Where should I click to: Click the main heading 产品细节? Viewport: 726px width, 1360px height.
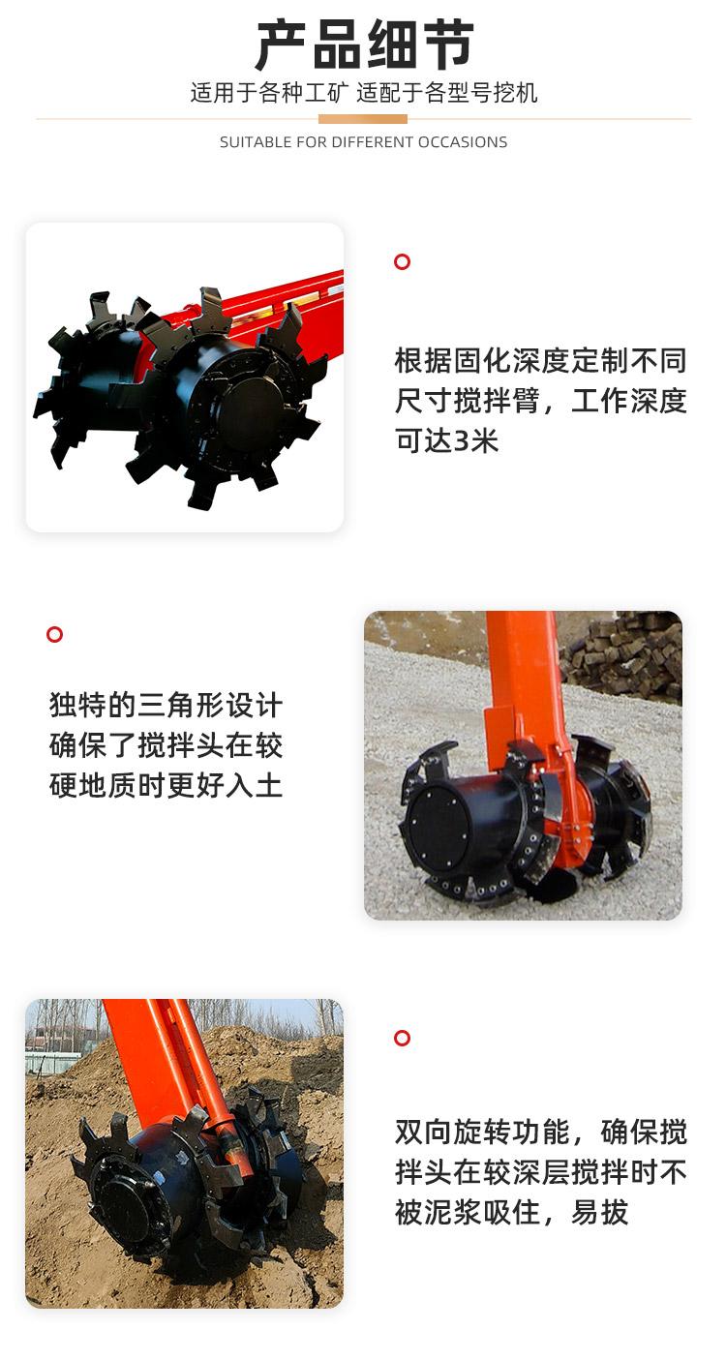tap(364, 45)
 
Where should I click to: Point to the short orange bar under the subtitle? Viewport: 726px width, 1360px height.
tap(363, 119)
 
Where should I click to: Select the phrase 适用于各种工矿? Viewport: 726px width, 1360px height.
tap(269, 92)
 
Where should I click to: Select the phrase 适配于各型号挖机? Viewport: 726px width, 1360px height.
tap(447, 92)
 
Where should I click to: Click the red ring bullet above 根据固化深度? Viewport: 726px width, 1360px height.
tap(402, 261)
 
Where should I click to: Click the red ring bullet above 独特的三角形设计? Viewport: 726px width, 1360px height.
tap(54, 634)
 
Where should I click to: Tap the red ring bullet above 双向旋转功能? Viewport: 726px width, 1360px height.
tap(402, 1038)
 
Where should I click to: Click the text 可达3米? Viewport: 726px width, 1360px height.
tap(447, 440)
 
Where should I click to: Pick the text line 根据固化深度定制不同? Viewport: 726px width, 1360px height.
tap(540, 360)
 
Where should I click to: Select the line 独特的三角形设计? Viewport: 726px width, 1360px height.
tap(166, 705)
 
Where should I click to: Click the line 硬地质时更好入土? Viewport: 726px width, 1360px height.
tap(166, 785)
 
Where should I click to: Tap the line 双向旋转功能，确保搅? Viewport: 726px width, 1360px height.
tap(540, 1132)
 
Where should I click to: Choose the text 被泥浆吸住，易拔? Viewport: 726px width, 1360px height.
tap(511, 1213)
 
